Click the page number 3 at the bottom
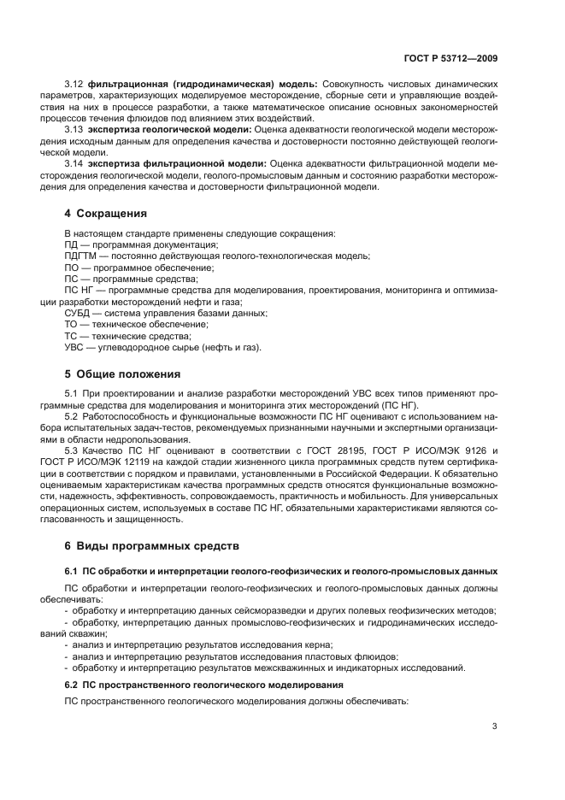[x=495, y=726]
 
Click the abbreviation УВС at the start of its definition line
[x=76, y=347]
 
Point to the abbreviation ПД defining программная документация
[x=73, y=245]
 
